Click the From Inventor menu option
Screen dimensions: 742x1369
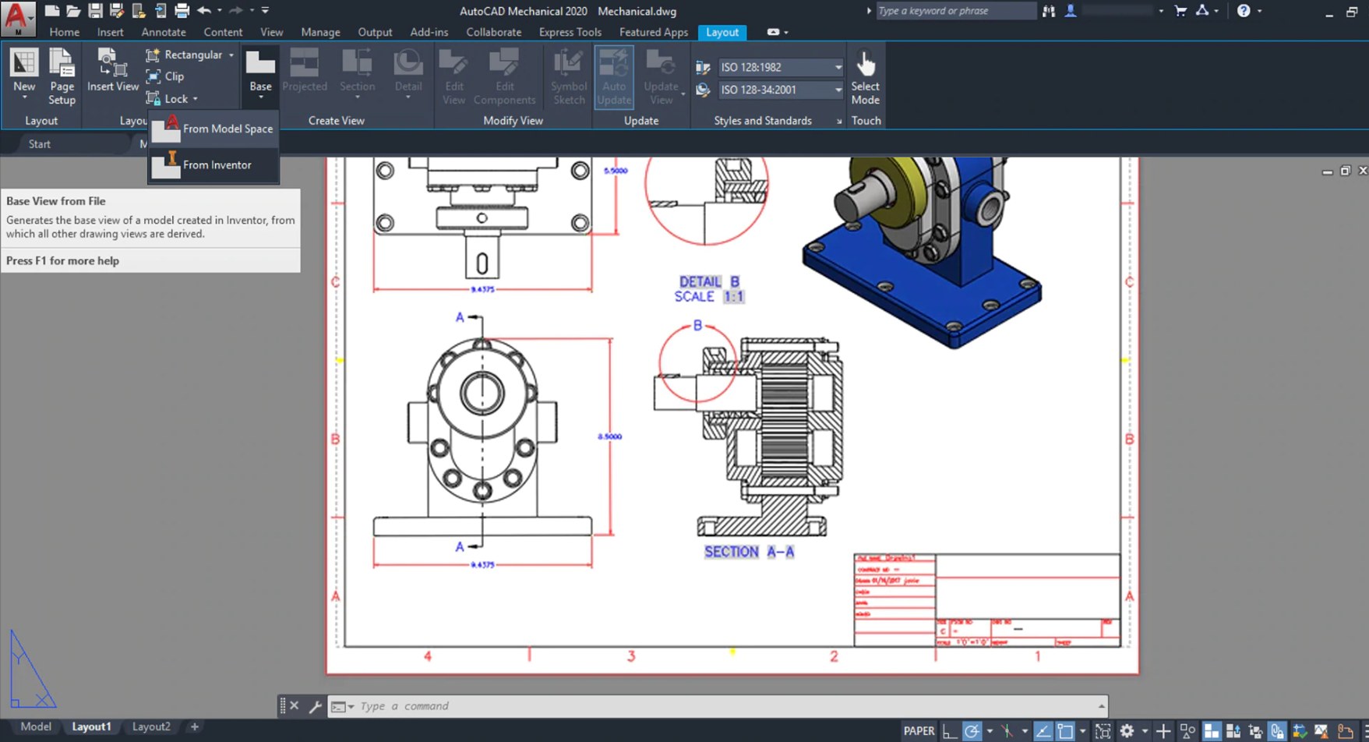point(216,165)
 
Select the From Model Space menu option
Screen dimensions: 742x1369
point(227,129)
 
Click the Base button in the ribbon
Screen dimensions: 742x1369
point(260,72)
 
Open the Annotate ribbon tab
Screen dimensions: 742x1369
point(164,32)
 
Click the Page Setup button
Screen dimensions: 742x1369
point(62,76)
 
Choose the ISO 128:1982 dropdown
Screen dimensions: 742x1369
point(779,67)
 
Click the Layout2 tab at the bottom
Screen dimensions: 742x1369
point(151,726)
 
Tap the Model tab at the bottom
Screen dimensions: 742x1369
point(36,726)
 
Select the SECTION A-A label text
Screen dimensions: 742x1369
point(749,552)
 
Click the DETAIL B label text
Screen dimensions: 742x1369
point(708,282)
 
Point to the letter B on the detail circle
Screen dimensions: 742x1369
point(697,326)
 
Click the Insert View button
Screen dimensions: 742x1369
point(112,71)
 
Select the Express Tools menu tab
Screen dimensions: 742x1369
point(570,32)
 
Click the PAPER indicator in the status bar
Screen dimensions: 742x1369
point(919,731)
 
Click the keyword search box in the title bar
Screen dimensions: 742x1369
point(954,11)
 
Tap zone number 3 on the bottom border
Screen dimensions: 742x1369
point(631,656)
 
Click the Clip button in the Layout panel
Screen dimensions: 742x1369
point(174,76)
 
